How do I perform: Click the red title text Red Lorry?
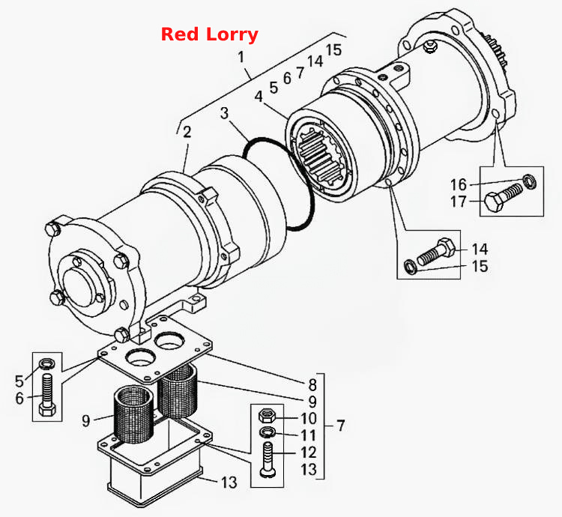(210, 34)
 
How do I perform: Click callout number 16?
(459, 185)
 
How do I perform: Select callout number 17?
(459, 202)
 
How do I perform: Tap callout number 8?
(312, 385)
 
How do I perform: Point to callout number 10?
(309, 418)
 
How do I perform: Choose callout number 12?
(309, 452)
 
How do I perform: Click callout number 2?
(187, 132)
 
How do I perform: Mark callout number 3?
(224, 113)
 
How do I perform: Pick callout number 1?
(241, 57)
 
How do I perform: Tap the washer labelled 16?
(530, 181)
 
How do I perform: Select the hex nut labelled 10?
(268, 416)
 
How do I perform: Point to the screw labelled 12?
(268, 459)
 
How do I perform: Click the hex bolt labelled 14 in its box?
(436, 251)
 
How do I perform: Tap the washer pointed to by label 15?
(411, 267)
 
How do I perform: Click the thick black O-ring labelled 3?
(280, 184)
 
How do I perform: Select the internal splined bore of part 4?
(321, 156)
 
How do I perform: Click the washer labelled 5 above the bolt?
(47, 364)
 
